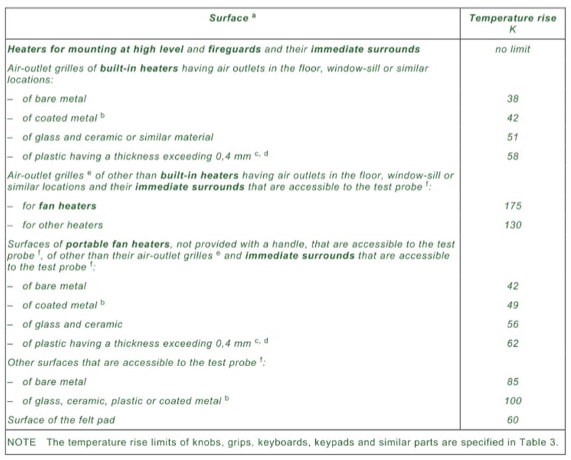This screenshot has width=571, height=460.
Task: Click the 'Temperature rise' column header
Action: click(512, 18)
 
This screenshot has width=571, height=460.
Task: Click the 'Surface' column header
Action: click(230, 18)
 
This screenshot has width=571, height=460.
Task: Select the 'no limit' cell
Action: click(512, 49)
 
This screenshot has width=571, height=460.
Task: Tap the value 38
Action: click(512, 99)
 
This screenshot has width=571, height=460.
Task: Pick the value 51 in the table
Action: click(512, 137)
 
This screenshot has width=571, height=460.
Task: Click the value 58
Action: click(512, 156)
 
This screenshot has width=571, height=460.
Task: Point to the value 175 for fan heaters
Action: click(512, 206)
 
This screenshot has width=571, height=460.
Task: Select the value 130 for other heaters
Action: click(512, 225)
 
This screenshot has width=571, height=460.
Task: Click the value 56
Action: click(512, 324)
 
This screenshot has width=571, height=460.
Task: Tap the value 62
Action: click(512, 344)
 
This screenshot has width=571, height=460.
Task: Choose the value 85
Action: click(512, 382)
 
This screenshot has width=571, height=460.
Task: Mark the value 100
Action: click(512, 401)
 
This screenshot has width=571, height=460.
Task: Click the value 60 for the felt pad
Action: click(512, 420)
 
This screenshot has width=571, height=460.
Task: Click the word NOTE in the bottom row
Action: click(21, 443)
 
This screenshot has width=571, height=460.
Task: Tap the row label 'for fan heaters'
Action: click(59, 206)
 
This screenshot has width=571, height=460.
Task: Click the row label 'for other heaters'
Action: click(63, 225)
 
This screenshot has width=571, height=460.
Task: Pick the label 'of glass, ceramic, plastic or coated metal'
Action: click(123, 401)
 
